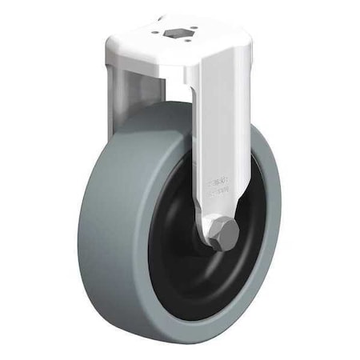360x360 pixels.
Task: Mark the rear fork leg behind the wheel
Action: (x=128, y=88)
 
